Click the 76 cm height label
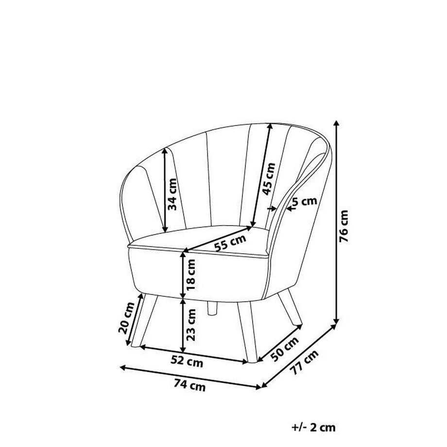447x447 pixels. [344, 226]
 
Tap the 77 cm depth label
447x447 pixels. [304, 362]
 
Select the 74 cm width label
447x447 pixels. [189, 386]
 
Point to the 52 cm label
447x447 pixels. [187, 362]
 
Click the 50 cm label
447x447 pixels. [284, 349]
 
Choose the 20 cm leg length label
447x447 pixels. [126, 318]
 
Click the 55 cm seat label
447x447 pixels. [230, 242]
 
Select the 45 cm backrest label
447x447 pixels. [269, 179]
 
